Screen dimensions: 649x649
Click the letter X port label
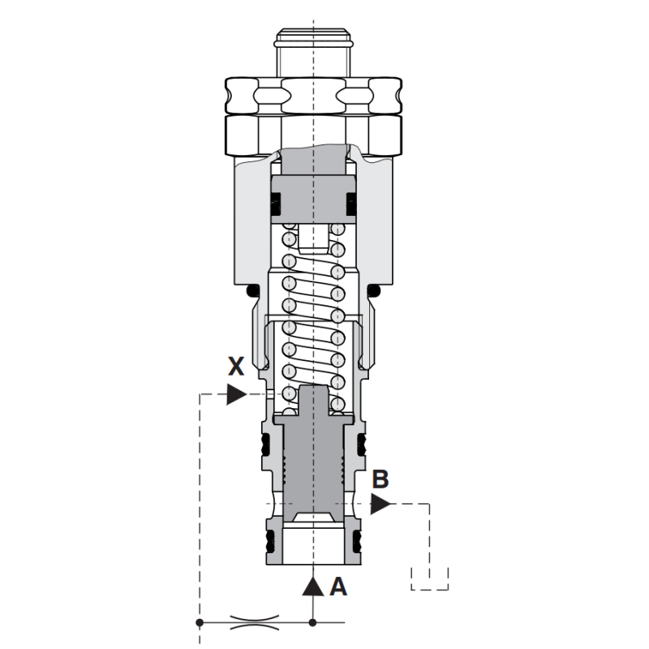tap(236, 367)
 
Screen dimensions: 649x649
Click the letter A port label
tap(338, 587)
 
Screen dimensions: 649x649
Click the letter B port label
tap(380, 479)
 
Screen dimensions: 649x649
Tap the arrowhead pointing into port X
tap(237, 394)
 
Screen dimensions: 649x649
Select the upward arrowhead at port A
tap(313, 587)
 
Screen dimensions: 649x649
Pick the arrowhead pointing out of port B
tap(380, 504)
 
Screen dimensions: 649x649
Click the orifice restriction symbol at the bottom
tap(254, 622)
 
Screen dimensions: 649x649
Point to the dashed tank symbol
tap(430, 578)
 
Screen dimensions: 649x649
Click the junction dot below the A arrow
tap(313, 622)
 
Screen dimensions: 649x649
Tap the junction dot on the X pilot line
tap(200, 622)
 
